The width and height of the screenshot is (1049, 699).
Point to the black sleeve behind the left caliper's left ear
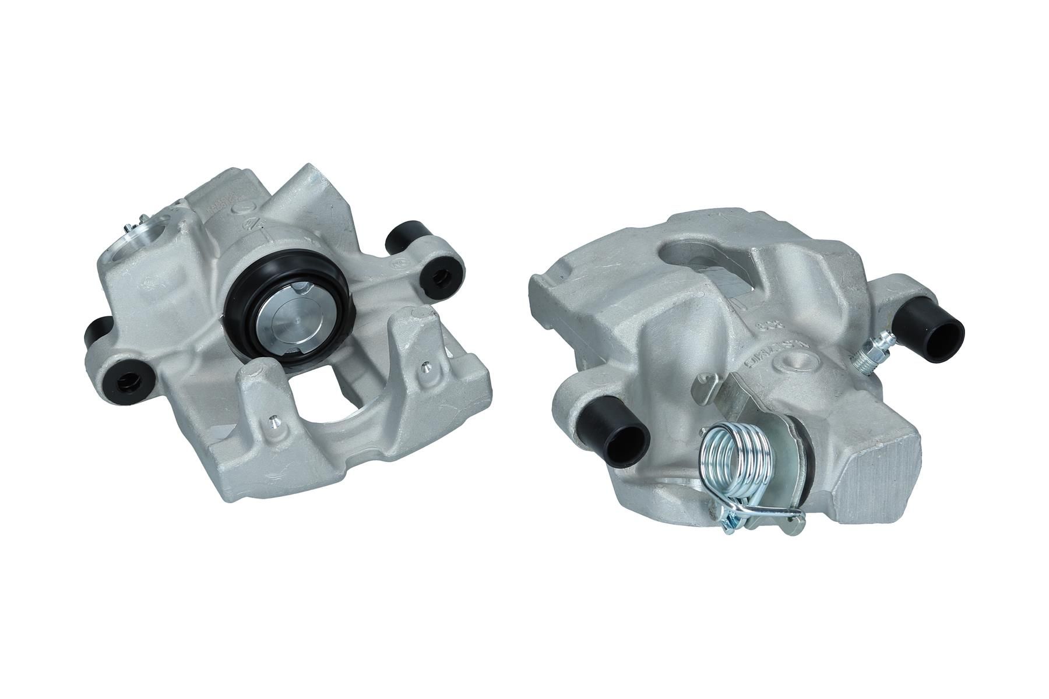96,332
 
